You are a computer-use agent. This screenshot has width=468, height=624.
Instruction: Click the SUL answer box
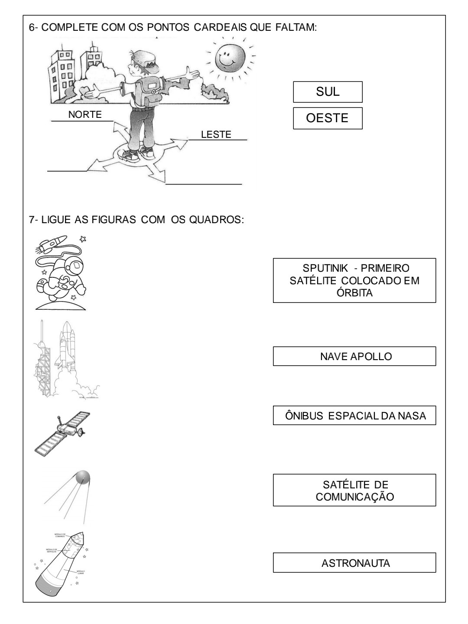click(328, 92)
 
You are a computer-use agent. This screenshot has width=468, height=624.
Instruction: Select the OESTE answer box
click(328, 118)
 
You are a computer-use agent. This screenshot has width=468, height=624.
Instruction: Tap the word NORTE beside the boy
click(85, 115)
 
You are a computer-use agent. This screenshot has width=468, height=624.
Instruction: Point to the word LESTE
click(216, 135)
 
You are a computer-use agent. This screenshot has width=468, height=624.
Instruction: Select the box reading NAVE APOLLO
click(354, 356)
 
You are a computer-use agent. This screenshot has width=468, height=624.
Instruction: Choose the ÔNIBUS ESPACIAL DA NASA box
click(354, 416)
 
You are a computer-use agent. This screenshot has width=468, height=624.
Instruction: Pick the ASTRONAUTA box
click(354, 563)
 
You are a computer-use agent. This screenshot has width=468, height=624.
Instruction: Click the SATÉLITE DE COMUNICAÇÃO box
click(354, 490)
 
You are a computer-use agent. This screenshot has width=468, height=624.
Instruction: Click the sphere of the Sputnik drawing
click(82, 478)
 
